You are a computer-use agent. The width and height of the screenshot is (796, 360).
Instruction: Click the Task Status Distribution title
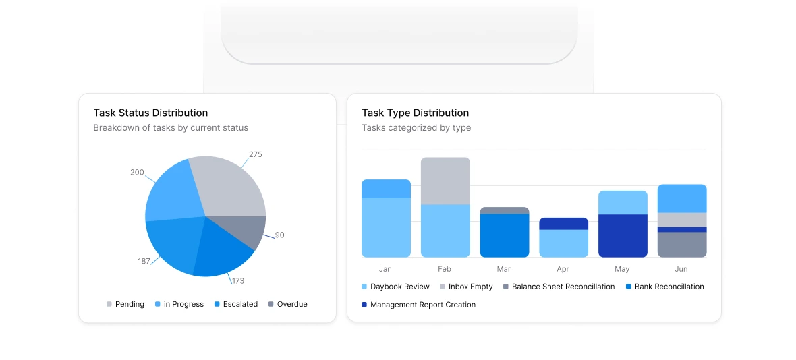point(150,113)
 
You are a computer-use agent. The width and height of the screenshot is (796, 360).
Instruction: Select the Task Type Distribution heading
point(415,113)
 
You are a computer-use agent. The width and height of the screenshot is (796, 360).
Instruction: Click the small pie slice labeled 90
point(251,231)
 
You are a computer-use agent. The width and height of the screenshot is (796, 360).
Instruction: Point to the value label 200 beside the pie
point(137,173)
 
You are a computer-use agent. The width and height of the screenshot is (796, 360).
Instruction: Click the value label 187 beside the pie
point(144,261)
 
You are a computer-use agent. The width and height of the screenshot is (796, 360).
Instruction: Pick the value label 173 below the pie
point(237,280)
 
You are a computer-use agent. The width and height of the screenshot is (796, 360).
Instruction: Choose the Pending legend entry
point(125,304)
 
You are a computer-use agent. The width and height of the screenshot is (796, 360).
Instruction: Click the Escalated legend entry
point(236,304)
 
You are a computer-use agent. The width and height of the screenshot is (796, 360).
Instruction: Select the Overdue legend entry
point(287,304)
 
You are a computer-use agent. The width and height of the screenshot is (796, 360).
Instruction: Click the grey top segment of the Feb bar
point(445,181)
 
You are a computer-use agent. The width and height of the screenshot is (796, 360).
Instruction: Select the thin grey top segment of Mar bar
point(504,210)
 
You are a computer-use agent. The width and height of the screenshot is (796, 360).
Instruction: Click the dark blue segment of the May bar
point(622,235)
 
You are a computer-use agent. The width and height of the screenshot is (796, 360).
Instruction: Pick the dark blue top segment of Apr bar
point(563,223)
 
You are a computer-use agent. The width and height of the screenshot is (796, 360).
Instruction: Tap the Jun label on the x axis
point(681,269)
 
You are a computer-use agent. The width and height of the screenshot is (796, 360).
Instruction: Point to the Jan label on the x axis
point(385,269)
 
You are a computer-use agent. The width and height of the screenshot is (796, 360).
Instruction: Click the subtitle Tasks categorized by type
point(416,127)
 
